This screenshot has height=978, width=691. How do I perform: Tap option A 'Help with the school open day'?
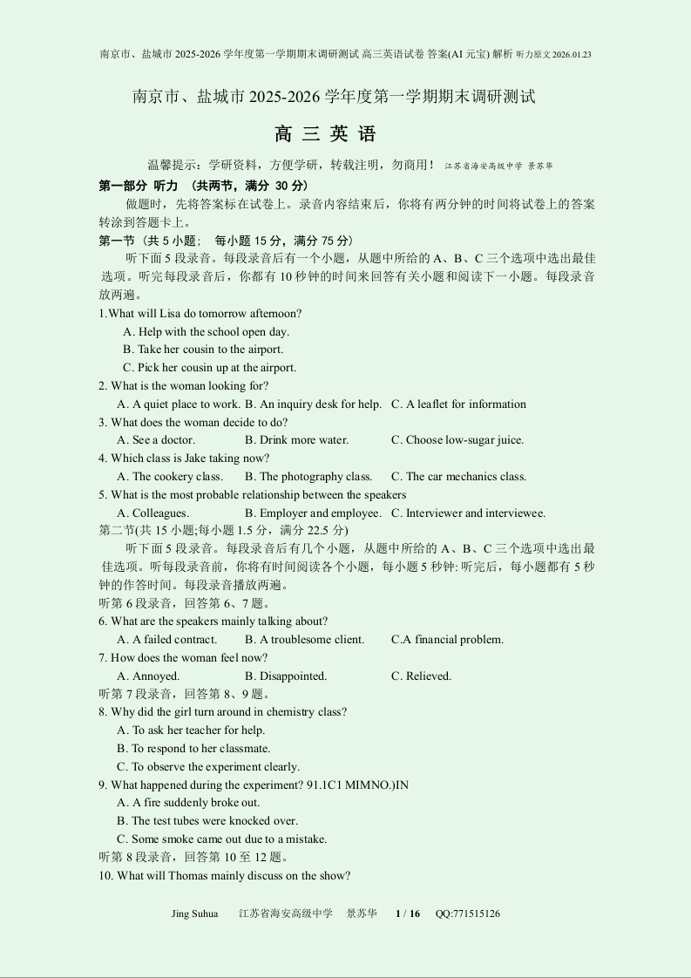coord(207,331)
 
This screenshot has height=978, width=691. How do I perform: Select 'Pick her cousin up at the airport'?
coord(209,368)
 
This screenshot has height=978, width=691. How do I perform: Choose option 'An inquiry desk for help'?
coord(314,404)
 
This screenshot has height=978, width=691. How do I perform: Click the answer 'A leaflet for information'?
coord(458,404)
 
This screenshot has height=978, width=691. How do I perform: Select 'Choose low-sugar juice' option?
coord(457,440)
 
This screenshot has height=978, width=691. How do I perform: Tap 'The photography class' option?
coord(308,477)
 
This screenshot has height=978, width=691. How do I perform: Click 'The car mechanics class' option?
coord(458,477)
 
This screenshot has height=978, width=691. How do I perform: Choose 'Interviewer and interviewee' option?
coord(468,513)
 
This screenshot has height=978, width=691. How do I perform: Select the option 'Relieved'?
coord(421,676)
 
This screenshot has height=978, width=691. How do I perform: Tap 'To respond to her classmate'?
coord(193,749)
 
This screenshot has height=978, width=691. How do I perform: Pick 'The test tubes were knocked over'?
coord(207,821)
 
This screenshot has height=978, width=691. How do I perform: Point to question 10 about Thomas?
coord(225,876)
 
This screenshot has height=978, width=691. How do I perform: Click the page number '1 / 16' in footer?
coord(408,913)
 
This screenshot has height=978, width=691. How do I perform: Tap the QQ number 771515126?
coord(468,913)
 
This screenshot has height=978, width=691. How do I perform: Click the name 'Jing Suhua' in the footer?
coord(195,913)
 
